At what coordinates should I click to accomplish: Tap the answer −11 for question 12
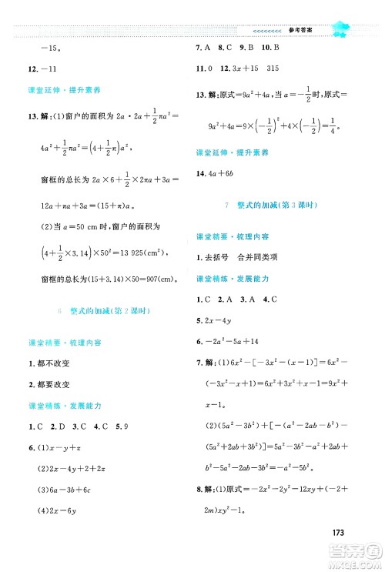tap(52, 69)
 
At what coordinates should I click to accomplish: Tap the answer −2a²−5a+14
tap(239, 340)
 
